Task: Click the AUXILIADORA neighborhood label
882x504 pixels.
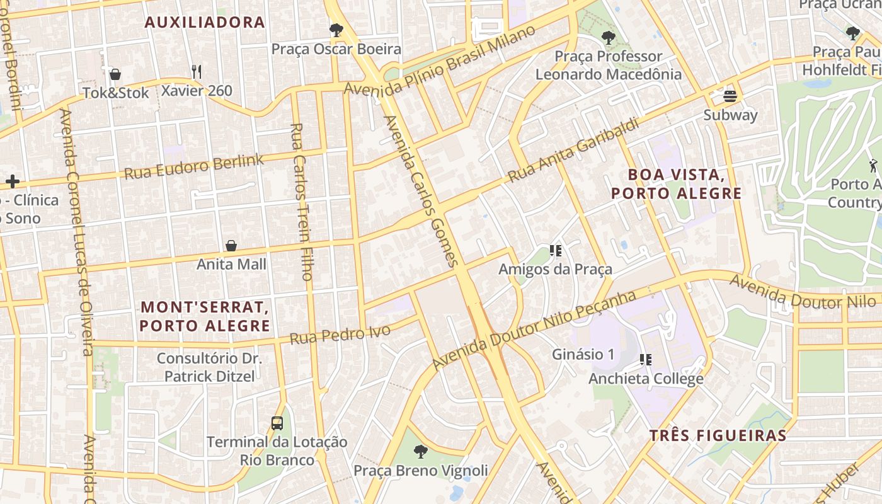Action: tap(205, 23)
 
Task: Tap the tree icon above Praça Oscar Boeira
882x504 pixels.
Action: tap(336, 30)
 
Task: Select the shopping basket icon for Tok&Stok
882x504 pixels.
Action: tap(115, 75)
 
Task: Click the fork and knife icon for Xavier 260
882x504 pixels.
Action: tap(197, 72)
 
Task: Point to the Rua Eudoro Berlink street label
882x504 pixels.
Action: tap(194, 166)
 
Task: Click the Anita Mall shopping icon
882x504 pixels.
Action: tap(231, 246)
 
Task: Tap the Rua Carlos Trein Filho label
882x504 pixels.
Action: tap(302, 202)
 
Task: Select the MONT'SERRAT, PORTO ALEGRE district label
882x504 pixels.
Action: tap(205, 316)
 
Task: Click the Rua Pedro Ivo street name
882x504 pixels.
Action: tap(340, 334)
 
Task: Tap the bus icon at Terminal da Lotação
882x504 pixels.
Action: tap(277, 423)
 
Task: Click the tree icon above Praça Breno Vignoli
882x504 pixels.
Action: tap(420, 451)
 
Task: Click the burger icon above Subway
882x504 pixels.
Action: tap(730, 96)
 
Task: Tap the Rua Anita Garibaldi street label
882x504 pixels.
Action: tap(573, 150)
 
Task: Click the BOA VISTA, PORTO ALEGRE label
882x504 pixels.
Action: tap(676, 183)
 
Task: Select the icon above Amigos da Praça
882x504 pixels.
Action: tap(555, 251)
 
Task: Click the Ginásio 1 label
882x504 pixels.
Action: tap(583, 354)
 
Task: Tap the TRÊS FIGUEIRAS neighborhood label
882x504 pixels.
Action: tap(718, 435)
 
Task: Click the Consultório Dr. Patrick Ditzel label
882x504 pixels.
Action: tap(209, 367)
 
